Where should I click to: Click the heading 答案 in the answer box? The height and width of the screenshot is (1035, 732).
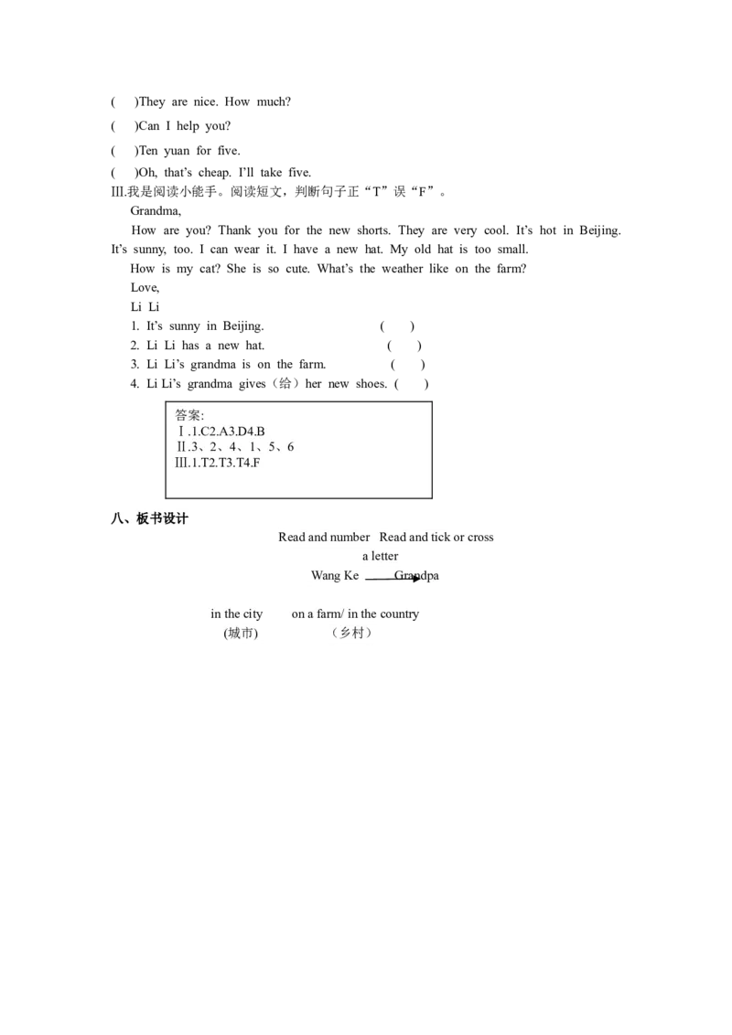point(189,415)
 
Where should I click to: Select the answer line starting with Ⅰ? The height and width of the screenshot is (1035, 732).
point(221,432)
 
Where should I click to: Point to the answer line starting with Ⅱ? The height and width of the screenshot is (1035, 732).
point(235,447)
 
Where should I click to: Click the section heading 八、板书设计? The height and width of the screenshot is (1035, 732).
point(149,518)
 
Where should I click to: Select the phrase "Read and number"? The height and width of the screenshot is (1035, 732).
point(324,538)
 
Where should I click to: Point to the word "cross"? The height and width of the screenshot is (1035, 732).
point(480,538)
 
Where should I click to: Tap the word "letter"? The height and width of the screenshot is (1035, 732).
point(385,556)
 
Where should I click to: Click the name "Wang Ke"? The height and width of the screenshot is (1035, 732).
point(335,576)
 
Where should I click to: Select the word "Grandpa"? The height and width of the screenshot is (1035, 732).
point(417,576)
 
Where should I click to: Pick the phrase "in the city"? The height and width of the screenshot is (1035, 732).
point(236,614)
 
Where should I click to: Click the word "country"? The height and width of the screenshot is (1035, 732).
point(399,614)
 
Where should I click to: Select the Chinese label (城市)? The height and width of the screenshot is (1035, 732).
point(241,633)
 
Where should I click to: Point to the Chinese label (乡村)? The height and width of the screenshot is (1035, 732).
point(351,633)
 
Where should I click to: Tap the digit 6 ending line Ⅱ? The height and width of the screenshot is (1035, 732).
point(290,447)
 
